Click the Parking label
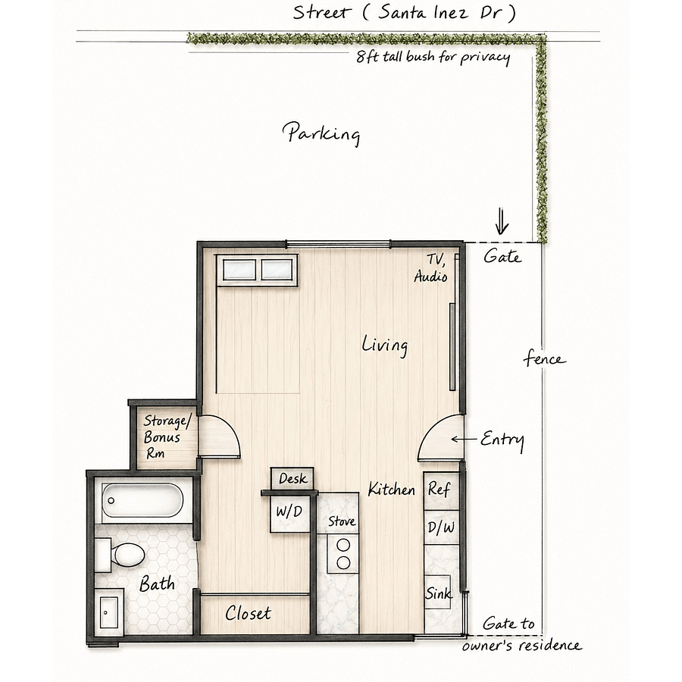321,133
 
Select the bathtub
142,500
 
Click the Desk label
293,478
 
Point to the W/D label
289,511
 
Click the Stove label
342,521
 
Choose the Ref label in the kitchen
439,489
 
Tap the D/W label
440,527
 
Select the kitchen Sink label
438,593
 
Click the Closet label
248,613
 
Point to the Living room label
385,346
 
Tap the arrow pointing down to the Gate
502,221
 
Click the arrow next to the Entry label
464,440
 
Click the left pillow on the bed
239,270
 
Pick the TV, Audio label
431,268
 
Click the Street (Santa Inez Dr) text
405,13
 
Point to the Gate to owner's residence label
521,634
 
